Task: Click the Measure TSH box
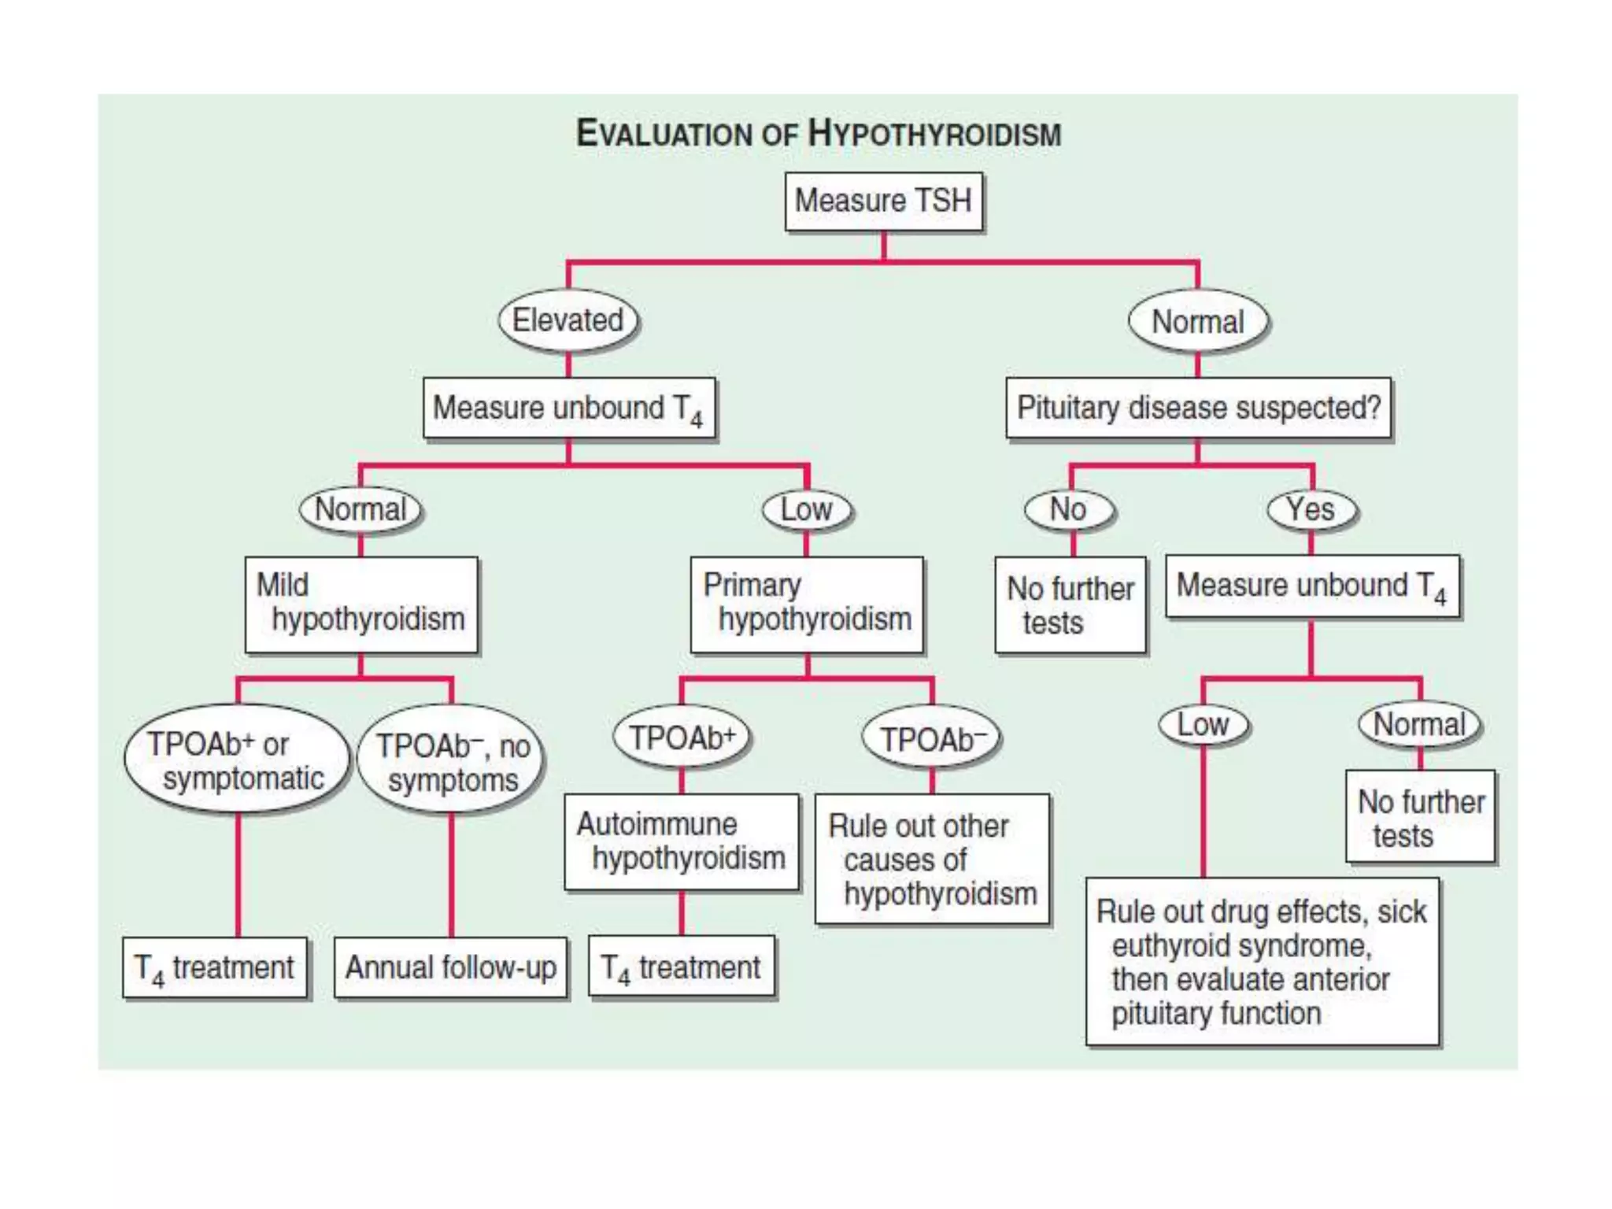tap(883, 201)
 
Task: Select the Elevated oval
tap(568, 321)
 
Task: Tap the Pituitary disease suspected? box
tap(1198, 408)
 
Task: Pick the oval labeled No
tap(1069, 510)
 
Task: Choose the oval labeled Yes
tap(1311, 510)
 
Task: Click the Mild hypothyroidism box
tap(361, 604)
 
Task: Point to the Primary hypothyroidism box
tap(807, 604)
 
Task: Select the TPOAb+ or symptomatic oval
tap(236, 760)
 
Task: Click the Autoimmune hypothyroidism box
tap(682, 841)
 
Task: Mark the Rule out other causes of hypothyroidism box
tap(932, 859)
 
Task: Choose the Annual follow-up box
tap(451, 967)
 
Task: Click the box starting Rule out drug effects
tap(1262, 962)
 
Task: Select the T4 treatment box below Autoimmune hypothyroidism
tap(682, 967)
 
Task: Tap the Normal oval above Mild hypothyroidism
tap(361, 510)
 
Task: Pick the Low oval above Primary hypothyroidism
tap(808, 510)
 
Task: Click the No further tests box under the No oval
tap(1070, 604)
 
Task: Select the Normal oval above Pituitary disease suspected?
tap(1198, 322)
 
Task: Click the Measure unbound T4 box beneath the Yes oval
tap(1311, 586)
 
